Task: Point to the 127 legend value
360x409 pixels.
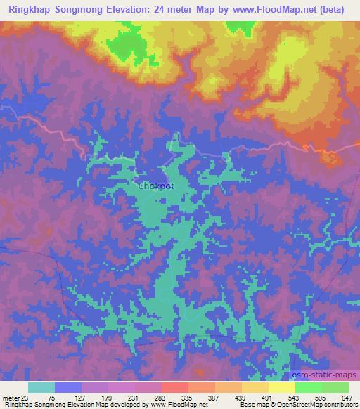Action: tap(89, 397)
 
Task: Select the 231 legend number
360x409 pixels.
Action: tap(162, 397)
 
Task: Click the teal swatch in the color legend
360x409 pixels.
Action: tap(41, 387)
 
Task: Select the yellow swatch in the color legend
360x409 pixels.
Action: tap(281, 387)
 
